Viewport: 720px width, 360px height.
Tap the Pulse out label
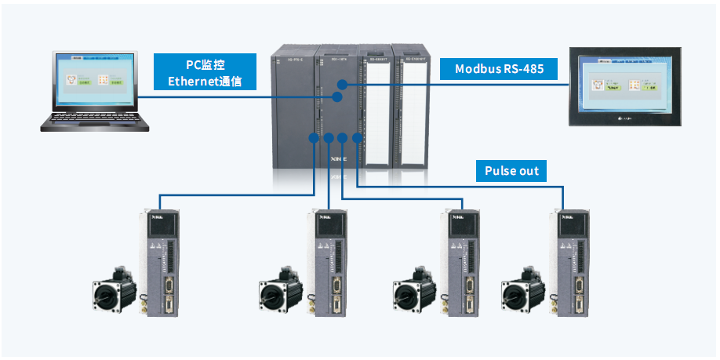click(x=511, y=171)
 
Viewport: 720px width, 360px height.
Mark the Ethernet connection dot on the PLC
click(x=336, y=97)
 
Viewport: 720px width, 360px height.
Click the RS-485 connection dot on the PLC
click(x=342, y=83)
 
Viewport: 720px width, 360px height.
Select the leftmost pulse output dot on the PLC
click(x=314, y=139)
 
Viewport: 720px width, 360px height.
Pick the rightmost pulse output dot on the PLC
click(x=357, y=139)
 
